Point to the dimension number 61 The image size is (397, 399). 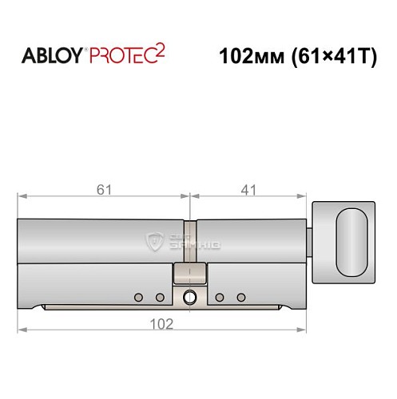[x=102, y=189]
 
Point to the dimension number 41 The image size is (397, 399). [x=248, y=189]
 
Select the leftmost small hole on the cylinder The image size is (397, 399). [x=138, y=298]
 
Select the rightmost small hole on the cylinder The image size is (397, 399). [x=240, y=298]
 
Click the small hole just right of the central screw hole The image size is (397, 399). [x=219, y=298]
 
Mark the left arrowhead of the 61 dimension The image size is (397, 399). [x=22, y=196]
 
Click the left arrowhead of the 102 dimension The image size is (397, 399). [x=22, y=329]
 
